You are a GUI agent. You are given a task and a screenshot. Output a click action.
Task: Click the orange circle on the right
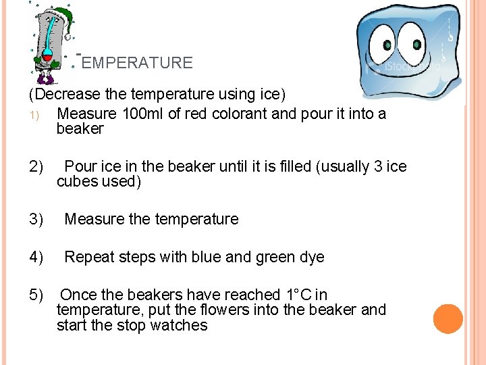[x=448, y=319]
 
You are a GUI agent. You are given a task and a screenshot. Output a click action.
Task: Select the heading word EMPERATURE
[x=137, y=63]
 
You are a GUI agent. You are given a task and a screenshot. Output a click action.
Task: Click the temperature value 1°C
[x=298, y=295]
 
